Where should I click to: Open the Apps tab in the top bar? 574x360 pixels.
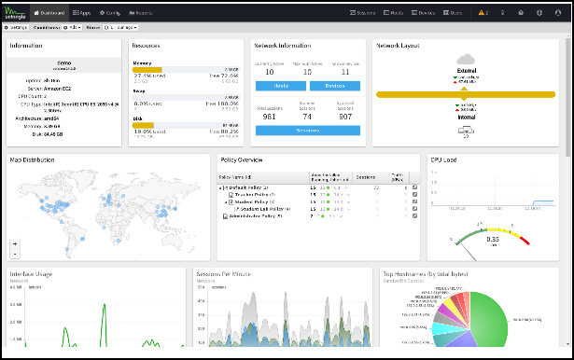82,13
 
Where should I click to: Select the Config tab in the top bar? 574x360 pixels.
111,13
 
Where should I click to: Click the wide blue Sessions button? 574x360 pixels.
307,131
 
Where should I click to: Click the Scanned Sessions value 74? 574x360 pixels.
307,117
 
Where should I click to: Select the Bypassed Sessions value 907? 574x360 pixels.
345,117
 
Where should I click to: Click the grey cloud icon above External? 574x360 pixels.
469,58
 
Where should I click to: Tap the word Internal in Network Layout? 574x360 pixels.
469,118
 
